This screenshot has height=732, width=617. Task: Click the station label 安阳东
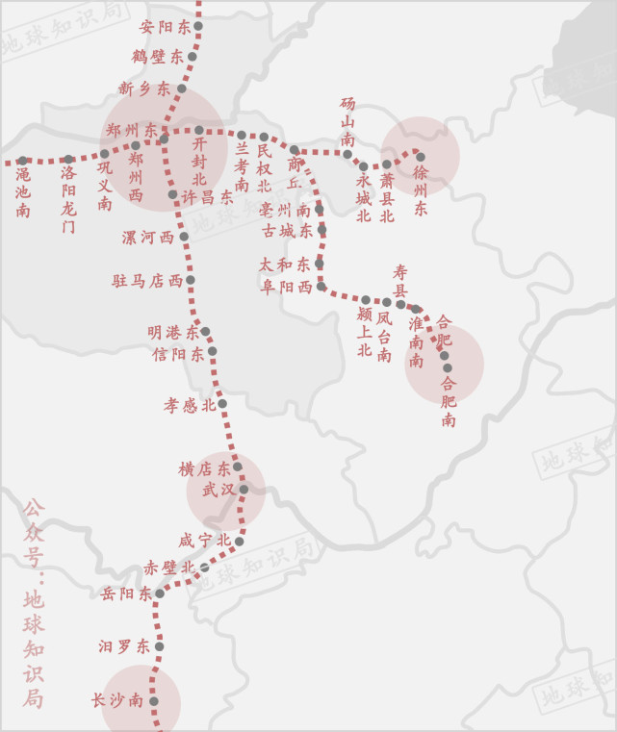[166, 27]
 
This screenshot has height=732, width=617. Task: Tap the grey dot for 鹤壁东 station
[193, 57]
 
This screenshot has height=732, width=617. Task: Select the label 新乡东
[144, 88]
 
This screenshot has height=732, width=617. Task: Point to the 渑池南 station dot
[22, 161]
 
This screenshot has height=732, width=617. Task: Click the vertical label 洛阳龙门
[67, 199]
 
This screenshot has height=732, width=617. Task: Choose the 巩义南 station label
[104, 187]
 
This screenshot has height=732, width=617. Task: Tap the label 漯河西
[148, 237]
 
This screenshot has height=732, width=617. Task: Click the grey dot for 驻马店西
[191, 281]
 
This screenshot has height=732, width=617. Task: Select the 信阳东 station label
[178, 354]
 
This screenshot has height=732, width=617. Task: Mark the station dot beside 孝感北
[222, 404]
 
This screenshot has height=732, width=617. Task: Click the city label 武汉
[218, 490]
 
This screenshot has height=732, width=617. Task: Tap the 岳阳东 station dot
[160, 593]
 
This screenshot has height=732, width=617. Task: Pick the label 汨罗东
[124, 646]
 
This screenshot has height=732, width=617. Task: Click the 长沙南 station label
[117, 700]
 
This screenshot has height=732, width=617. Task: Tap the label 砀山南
[347, 121]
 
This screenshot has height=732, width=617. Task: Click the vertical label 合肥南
[449, 400]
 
